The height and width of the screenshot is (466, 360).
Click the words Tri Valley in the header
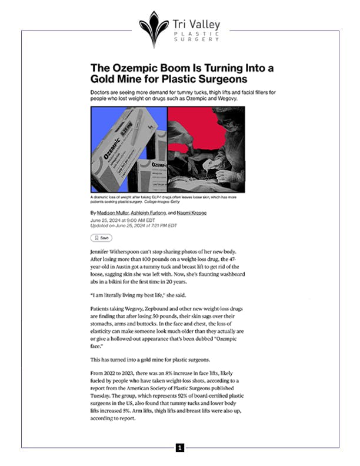[x=196, y=24]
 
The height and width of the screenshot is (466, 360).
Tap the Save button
[x=101, y=238]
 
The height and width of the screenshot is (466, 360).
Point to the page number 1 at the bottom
[x=180, y=448]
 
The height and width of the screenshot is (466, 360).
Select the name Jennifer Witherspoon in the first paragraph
[x=121, y=251]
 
